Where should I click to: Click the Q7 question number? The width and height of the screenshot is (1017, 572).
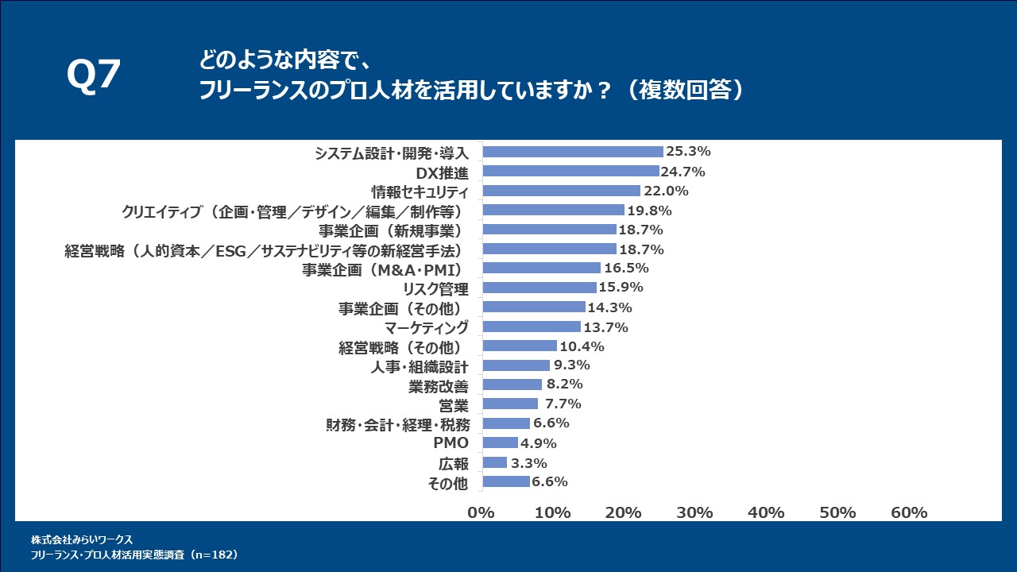[x=93, y=76]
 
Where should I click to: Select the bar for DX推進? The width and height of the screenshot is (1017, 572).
[x=570, y=172]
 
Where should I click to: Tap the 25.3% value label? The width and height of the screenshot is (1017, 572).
[x=688, y=152]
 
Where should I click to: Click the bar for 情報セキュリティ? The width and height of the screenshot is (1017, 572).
[x=561, y=191]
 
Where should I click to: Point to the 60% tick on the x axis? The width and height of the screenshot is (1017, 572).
[x=908, y=513]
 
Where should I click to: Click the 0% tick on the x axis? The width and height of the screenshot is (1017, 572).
[x=482, y=513]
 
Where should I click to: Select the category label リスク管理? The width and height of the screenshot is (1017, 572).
[x=436, y=288]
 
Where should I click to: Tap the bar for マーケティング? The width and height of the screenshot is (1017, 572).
[x=532, y=327]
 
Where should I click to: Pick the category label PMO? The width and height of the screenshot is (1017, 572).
[x=450, y=443]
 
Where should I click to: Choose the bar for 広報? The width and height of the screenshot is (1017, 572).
[x=494, y=462]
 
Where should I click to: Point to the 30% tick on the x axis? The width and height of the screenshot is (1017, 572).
[x=695, y=513]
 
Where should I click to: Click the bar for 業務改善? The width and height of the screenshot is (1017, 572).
[x=512, y=385]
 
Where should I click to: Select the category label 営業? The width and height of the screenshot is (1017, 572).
[x=454, y=404]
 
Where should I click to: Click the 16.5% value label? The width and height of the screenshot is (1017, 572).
[x=626, y=268]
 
